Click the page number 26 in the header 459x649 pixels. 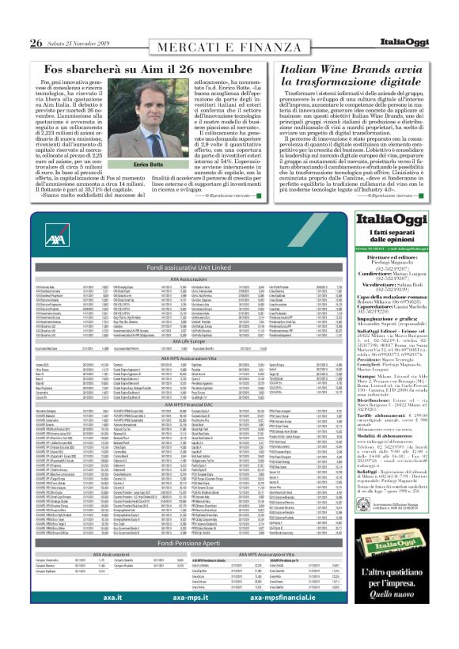tap(36, 42)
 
